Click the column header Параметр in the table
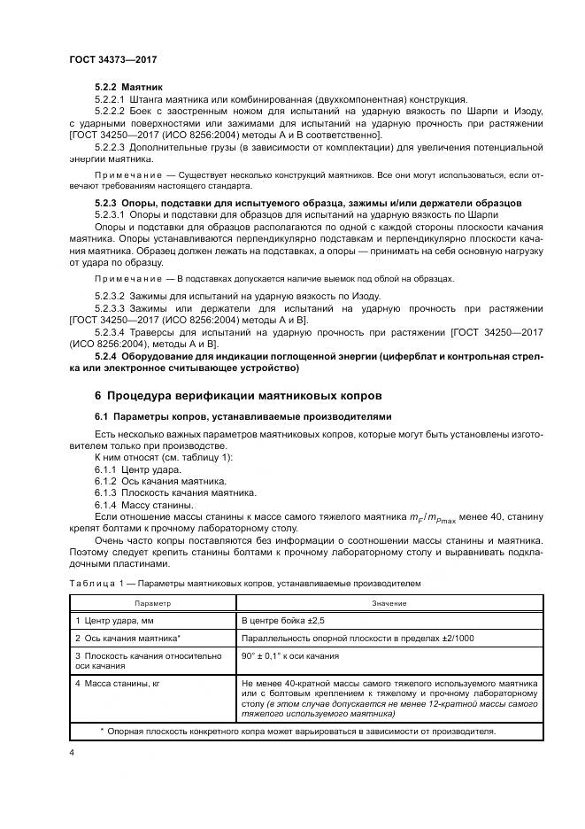[x=151, y=602]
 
